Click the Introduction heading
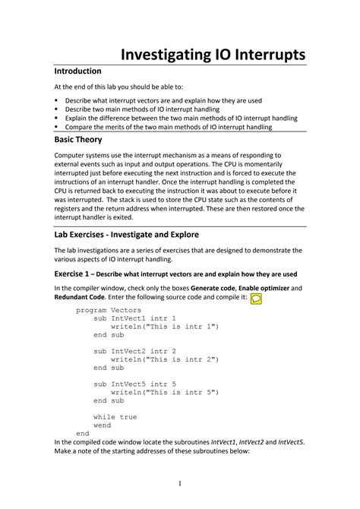(84, 71)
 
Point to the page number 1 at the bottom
(180, 484)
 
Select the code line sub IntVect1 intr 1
(134, 318)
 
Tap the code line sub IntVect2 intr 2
(134, 351)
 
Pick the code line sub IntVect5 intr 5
(134, 384)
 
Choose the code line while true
(115, 416)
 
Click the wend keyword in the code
(102, 425)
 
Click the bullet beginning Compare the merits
(169, 127)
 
